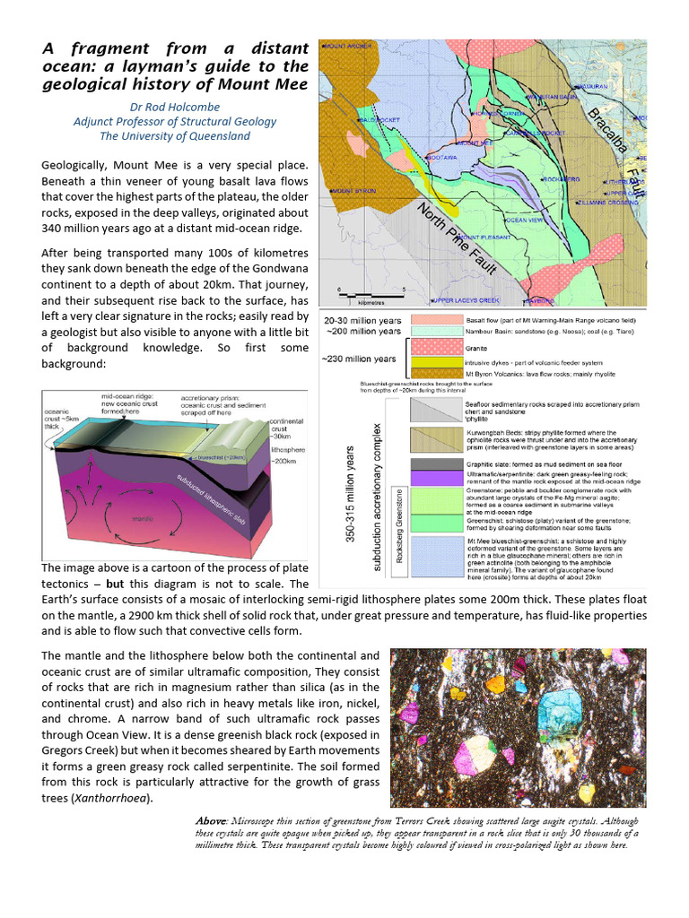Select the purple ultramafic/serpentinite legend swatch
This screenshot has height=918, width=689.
[437, 477]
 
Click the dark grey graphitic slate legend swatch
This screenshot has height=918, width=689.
[437, 463]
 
